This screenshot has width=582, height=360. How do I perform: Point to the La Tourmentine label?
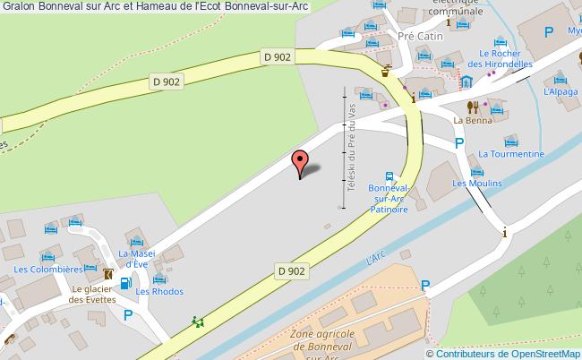511,154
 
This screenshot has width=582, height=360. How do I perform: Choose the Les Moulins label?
476,183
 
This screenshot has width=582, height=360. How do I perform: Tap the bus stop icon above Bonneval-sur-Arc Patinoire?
389,177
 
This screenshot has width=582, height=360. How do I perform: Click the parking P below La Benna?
459,142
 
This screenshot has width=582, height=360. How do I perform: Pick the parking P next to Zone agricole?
425,286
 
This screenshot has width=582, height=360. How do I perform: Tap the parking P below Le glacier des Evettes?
128,314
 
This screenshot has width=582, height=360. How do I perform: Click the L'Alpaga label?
560,92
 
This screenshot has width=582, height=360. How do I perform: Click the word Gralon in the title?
18,9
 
